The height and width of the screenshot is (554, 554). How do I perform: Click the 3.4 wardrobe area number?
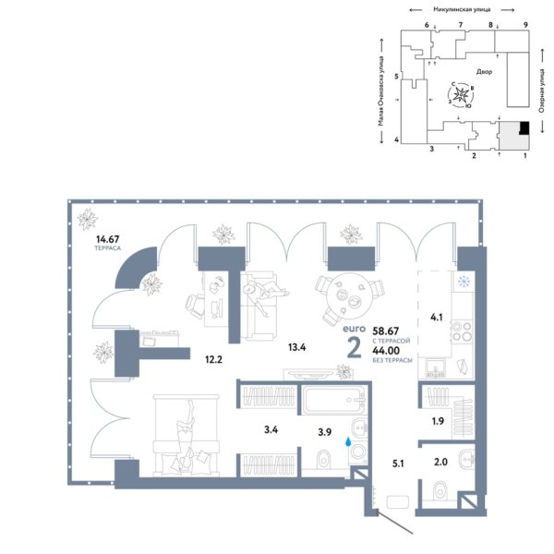coord(271,428)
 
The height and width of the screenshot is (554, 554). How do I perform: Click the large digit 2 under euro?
coord(353,346)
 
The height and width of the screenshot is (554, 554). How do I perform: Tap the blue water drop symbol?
coord(348,443)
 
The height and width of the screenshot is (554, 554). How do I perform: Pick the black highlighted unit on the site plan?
coord(524,128)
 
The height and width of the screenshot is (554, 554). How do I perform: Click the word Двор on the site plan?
coord(486,71)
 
